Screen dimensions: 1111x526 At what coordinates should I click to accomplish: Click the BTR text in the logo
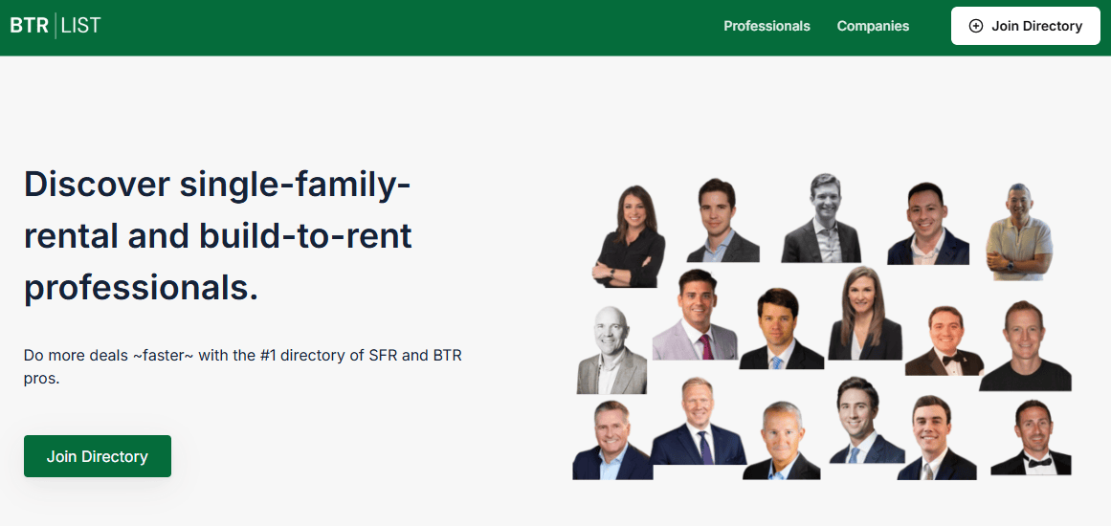pyautogui.click(x=29, y=26)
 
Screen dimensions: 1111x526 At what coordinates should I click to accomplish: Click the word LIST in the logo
pyautogui.click(x=80, y=26)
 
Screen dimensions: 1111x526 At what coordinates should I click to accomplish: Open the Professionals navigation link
pyautogui.click(x=767, y=26)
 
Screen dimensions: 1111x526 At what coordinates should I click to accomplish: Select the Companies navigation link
pyautogui.click(x=873, y=26)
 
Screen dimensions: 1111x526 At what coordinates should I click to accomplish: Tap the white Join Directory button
pyautogui.click(x=1025, y=26)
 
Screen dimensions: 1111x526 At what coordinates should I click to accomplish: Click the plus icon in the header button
pyautogui.click(x=976, y=26)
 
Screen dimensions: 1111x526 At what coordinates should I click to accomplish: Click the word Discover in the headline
pyautogui.click(x=97, y=184)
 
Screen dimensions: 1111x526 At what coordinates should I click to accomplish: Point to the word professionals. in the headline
pyautogui.click(x=141, y=289)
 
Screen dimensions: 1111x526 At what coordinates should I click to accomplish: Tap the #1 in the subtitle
pyautogui.click(x=267, y=355)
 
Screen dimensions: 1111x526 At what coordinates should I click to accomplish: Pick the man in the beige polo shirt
pyautogui.click(x=1018, y=232)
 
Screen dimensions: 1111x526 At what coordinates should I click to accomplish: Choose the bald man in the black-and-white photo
pyautogui.click(x=611, y=350)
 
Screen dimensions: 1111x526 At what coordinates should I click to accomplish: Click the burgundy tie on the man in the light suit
pyautogui.click(x=705, y=347)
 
